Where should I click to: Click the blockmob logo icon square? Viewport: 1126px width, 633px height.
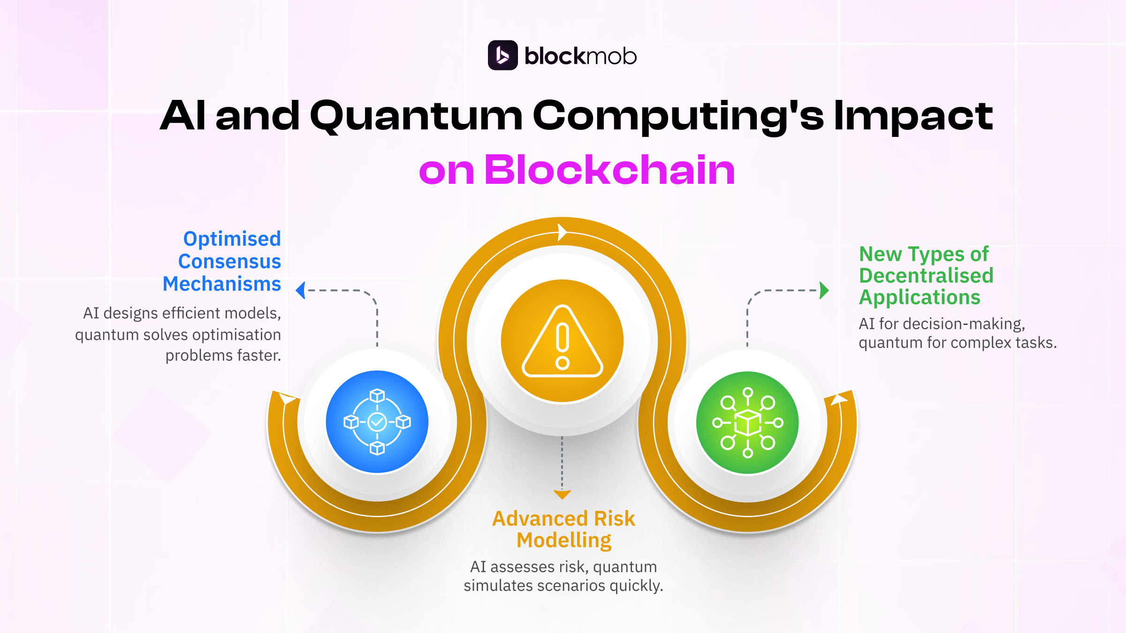[502, 55]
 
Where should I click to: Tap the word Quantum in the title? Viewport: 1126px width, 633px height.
[416, 116]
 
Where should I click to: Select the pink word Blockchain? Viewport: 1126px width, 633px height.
[609, 170]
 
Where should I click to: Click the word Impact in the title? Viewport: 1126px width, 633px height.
[913, 116]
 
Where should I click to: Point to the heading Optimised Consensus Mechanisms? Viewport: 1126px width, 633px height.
[222, 261]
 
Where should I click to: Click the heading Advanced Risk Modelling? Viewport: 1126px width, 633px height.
[563, 529]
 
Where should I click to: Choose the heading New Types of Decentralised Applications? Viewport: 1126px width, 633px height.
[926, 276]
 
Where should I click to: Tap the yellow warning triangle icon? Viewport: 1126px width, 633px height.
[562, 341]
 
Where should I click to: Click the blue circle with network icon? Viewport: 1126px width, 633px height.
[377, 422]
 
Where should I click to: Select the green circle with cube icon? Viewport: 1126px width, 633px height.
[747, 422]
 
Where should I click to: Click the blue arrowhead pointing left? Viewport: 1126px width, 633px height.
[301, 290]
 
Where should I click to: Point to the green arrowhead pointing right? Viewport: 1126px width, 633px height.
[824, 290]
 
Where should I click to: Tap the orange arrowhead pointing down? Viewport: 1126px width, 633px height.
[562, 494]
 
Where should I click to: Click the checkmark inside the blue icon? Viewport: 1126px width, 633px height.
[377, 422]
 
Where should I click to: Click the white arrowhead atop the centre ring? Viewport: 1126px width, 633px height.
[562, 232]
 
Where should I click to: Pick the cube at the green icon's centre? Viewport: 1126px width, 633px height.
[747, 422]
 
